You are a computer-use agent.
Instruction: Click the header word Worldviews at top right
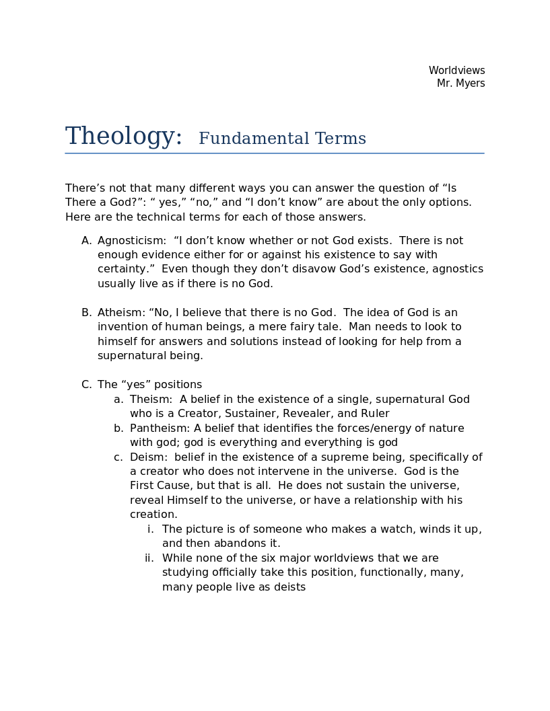tap(456, 71)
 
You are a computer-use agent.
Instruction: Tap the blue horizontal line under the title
tap(275, 153)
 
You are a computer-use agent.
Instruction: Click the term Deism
tap(147, 457)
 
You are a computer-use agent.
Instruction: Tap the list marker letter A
tap(86, 241)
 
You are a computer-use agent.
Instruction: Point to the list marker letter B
tap(86, 313)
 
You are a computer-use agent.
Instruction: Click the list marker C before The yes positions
tap(86, 385)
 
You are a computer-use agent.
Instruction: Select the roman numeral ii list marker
tap(149, 558)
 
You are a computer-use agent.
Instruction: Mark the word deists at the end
tap(289, 587)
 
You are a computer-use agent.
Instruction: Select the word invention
tap(123, 327)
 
